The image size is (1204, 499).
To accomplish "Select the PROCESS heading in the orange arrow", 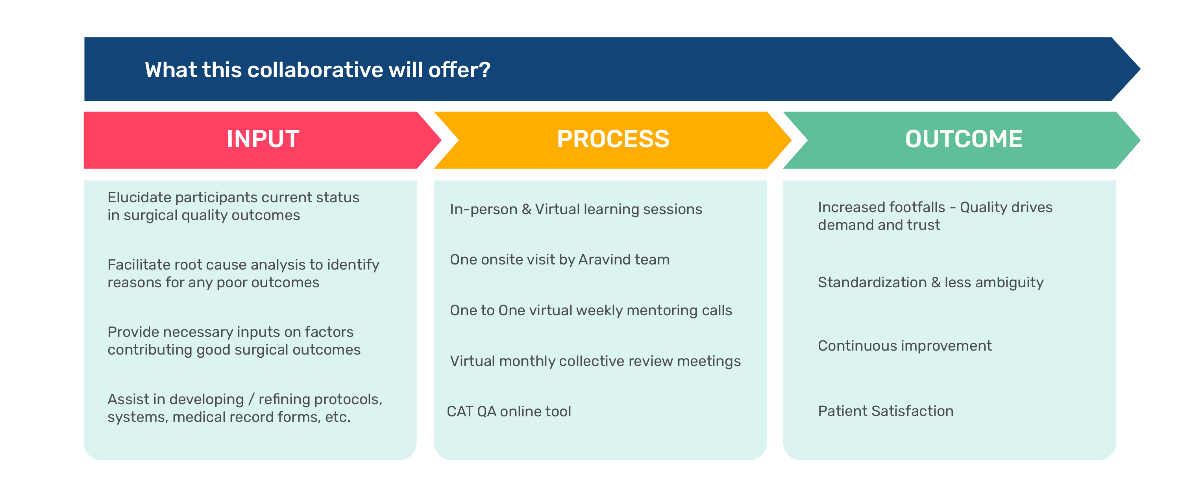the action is (x=613, y=139).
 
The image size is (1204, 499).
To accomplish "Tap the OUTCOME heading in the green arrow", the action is (x=964, y=139).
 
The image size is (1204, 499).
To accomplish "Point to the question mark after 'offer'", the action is (x=485, y=70).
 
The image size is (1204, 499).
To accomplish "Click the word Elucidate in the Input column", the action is (x=139, y=198).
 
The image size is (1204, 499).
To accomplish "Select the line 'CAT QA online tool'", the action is (x=509, y=412).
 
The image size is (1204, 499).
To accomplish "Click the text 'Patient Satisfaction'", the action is (x=886, y=411).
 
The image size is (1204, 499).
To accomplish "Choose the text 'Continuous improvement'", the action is (x=905, y=346).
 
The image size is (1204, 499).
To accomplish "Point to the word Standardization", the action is (x=872, y=283).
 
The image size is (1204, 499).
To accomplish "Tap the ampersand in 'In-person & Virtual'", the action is (x=527, y=209).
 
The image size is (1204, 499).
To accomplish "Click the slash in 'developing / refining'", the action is (x=252, y=400).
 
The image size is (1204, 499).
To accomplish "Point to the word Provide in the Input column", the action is (x=133, y=332).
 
